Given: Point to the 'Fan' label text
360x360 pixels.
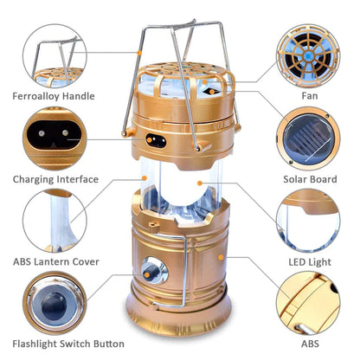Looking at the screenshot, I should click(308, 96).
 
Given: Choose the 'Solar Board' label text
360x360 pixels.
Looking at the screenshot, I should click(308, 179).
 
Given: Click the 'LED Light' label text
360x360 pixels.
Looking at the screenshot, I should click(308, 262).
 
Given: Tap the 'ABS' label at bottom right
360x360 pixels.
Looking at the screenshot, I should click(308, 344).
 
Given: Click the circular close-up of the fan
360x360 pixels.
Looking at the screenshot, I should click(308, 52).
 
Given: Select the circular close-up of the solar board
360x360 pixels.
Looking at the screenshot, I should click(308, 136).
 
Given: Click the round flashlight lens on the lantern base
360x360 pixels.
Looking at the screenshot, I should click(154, 269).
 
